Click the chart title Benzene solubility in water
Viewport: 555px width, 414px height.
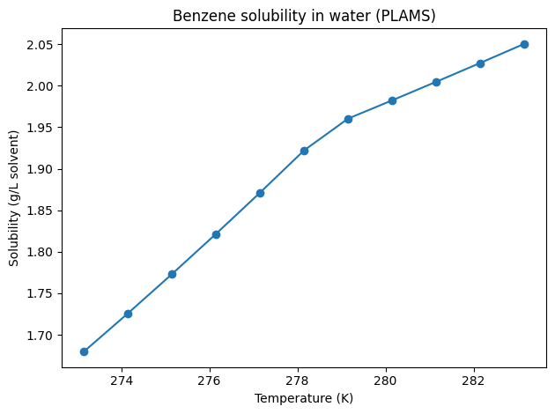[304, 16]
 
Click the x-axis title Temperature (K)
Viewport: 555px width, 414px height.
[304, 398]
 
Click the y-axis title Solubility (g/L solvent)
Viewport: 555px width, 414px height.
[14, 198]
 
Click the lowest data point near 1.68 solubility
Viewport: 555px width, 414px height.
[84, 351]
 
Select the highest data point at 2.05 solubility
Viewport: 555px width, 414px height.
[524, 44]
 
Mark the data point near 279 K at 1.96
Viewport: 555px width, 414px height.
[348, 119]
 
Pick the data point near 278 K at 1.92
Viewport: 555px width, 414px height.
[304, 151]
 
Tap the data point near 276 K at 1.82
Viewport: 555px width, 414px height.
[216, 234]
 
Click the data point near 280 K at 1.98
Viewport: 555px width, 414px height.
[392, 100]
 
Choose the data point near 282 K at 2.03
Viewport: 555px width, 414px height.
[480, 63]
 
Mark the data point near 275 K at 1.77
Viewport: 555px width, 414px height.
[172, 274]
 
